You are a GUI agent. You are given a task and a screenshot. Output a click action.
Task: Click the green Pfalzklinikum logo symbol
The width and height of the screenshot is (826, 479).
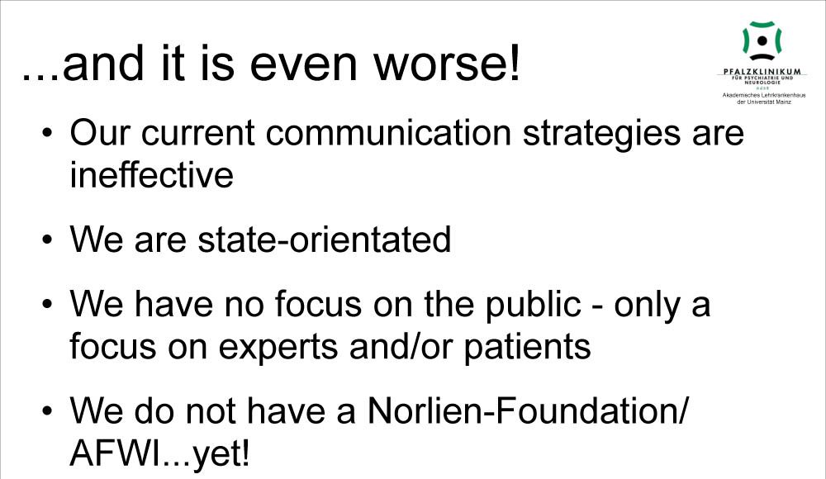tap(762, 40)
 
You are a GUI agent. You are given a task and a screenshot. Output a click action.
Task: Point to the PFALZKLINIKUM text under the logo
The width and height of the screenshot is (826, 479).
tap(762, 71)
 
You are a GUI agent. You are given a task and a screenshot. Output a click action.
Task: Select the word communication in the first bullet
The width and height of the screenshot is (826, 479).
tap(388, 133)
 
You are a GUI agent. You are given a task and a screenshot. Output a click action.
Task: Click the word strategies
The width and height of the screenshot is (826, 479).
tap(601, 134)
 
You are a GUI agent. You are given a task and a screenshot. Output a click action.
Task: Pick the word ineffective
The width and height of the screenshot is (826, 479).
tap(152, 175)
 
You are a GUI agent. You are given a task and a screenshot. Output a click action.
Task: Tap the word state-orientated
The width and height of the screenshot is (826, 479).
tap(324, 239)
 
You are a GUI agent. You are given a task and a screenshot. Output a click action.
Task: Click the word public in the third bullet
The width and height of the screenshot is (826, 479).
tap(533, 306)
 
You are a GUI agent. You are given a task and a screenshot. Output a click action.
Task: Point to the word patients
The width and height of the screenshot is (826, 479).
tap(527, 348)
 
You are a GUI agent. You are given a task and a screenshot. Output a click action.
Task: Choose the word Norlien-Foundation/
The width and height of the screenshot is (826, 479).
tap(527, 411)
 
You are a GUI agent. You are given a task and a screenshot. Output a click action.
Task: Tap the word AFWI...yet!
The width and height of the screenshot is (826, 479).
tap(159, 453)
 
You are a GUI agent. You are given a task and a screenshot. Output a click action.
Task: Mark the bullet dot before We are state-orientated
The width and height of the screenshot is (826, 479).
tap(48, 239)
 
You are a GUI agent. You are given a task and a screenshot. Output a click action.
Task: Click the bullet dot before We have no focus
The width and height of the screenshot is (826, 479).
tap(48, 305)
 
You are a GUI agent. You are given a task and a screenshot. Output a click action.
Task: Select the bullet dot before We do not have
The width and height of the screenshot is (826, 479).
tap(48, 411)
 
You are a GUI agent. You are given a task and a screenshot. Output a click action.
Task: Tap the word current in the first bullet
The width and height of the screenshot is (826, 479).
tap(198, 134)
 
